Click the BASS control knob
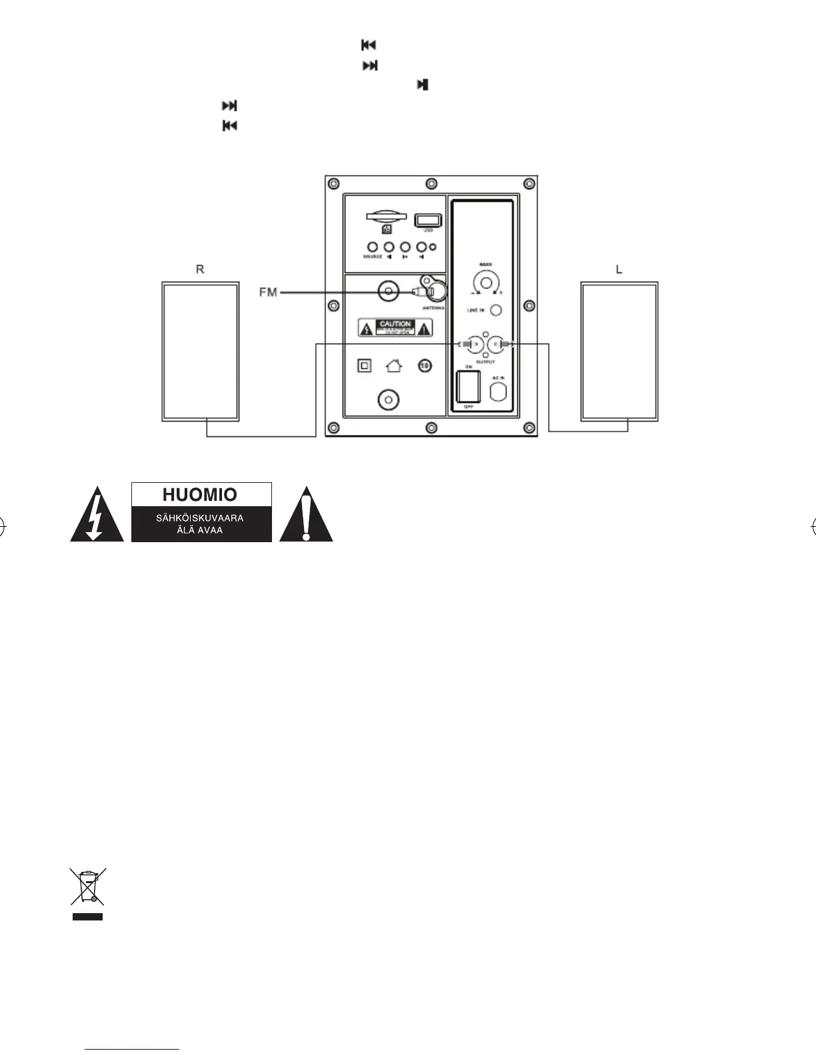pyautogui.click(x=485, y=282)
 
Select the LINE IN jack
pyautogui.click(x=495, y=310)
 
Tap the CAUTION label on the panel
pyautogui.click(x=395, y=328)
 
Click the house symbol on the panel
pyautogui.click(x=394, y=366)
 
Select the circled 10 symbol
pyautogui.click(x=425, y=366)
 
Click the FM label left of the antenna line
pyautogui.click(x=268, y=292)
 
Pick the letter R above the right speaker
pyautogui.click(x=199, y=270)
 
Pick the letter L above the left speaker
pyautogui.click(x=619, y=270)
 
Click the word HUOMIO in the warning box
pyautogui.click(x=200, y=495)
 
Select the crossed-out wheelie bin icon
pyautogui.click(x=88, y=887)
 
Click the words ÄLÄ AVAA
pyautogui.click(x=200, y=530)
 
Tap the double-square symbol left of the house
pyautogui.click(x=364, y=366)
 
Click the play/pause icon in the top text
pyautogui.click(x=422, y=85)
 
